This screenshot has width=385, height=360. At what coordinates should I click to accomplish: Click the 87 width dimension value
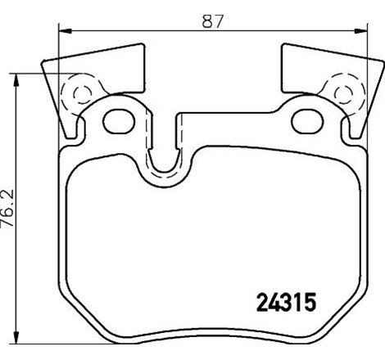click(213, 23)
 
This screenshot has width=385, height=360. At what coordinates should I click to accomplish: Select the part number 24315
click(281, 302)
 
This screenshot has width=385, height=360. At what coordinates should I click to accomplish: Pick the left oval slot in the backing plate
click(120, 120)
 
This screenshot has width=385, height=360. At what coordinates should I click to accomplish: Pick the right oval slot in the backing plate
click(301, 120)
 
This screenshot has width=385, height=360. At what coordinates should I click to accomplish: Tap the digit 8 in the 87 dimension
click(208, 23)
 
